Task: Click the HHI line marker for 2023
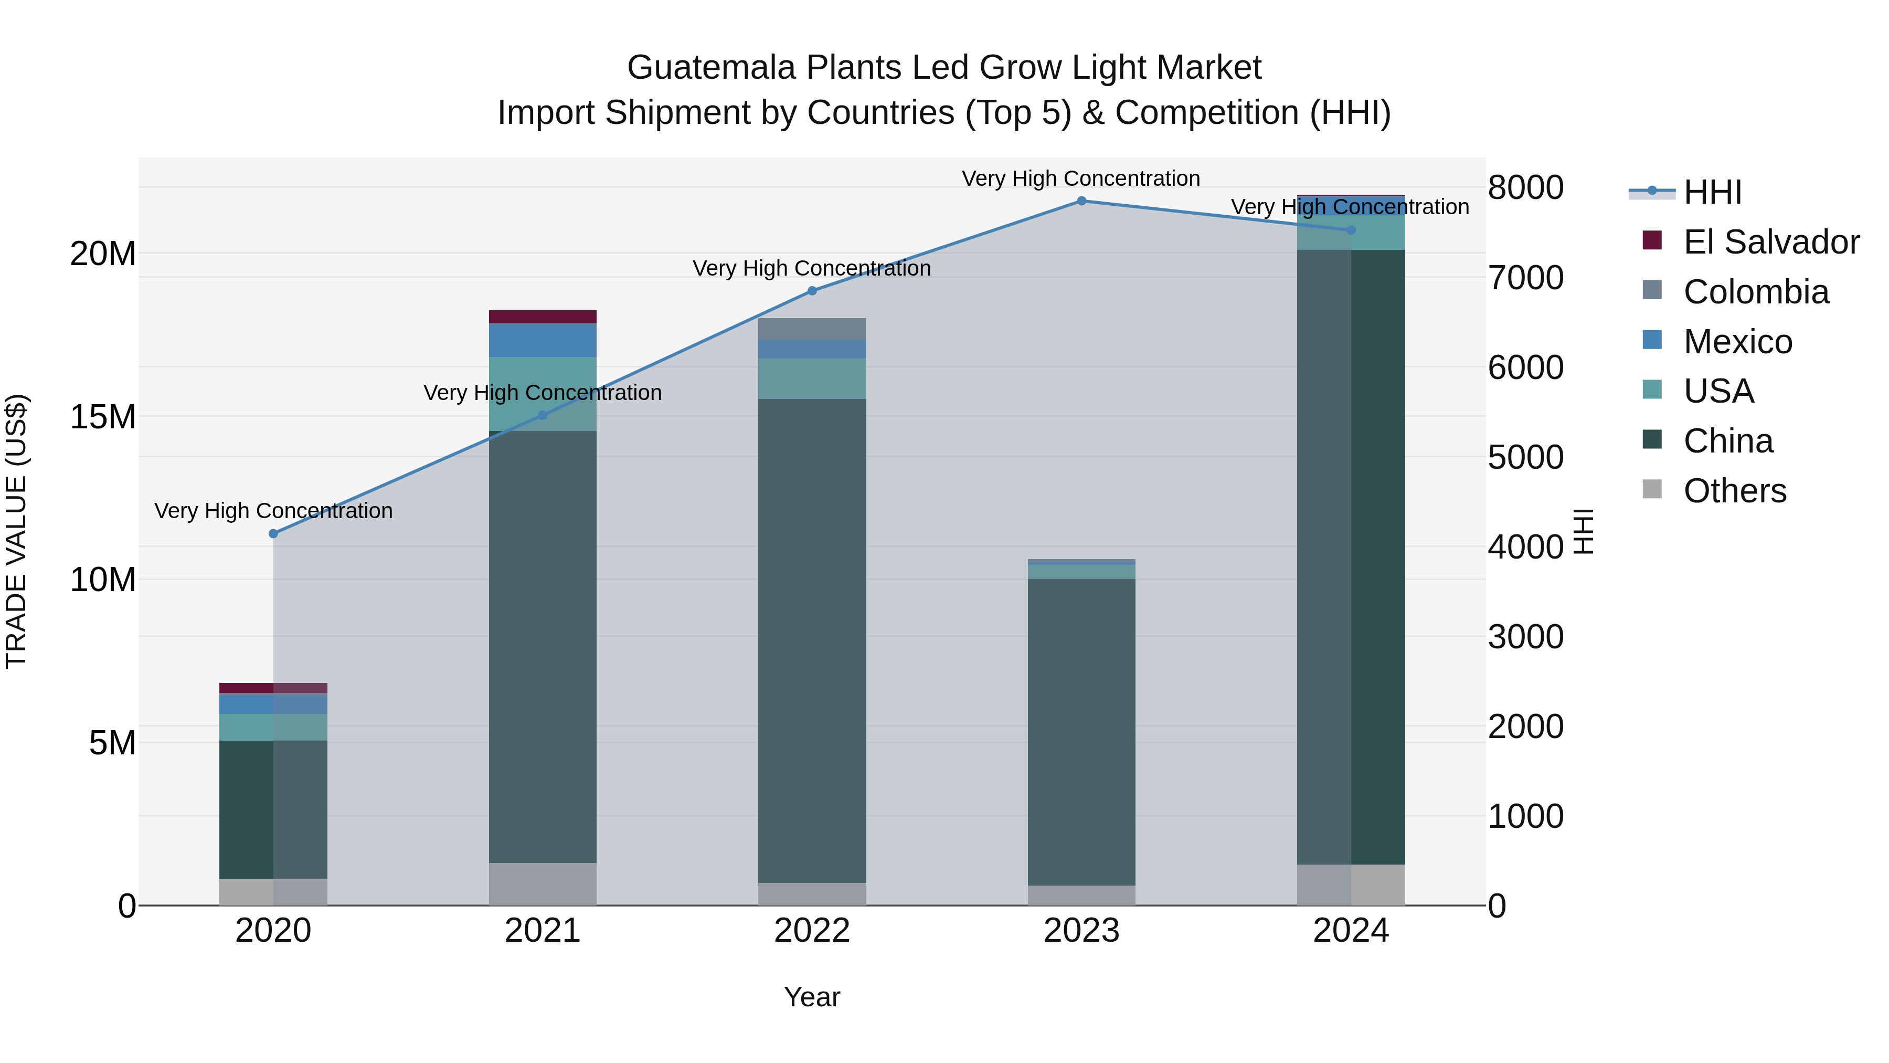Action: pyautogui.click(x=1081, y=201)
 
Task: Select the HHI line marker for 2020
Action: pyautogui.click(x=273, y=534)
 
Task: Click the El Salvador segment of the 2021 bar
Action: pyautogui.click(x=543, y=317)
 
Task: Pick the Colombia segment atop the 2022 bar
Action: pyautogui.click(x=812, y=329)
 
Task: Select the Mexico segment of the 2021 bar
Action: pyautogui.click(x=543, y=340)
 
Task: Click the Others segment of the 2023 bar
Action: pyautogui.click(x=1081, y=895)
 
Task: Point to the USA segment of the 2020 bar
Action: pyautogui.click(x=273, y=727)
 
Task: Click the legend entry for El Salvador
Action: pyautogui.click(x=1770, y=242)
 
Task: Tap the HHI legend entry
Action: pyautogui.click(x=1712, y=192)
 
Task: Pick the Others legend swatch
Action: pyautogui.click(x=1652, y=489)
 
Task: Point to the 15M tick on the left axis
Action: pyautogui.click(x=103, y=417)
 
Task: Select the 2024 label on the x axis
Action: pyautogui.click(x=1351, y=931)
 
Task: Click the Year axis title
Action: pyautogui.click(x=812, y=998)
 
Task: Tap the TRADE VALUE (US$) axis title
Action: pyautogui.click(x=16, y=531)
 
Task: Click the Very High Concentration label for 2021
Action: pyautogui.click(x=543, y=393)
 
